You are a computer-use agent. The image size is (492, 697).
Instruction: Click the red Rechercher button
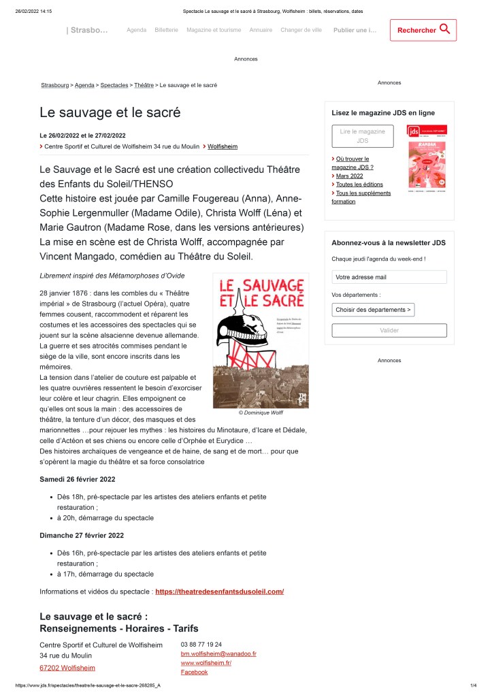pos(423,30)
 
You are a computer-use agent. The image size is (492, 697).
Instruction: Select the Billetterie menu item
pos(166,30)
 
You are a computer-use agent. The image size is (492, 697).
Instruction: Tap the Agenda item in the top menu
pos(136,30)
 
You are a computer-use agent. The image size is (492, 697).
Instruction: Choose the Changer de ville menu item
pos(301,30)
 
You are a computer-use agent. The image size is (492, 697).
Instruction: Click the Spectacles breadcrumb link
pos(114,85)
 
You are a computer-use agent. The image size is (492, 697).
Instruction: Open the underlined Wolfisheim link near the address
pos(223,146)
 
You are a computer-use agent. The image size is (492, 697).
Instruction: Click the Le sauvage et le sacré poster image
pos(261,340)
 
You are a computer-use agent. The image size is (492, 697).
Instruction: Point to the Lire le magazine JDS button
pos(362,136)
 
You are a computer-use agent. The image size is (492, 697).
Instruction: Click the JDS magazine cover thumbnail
pos(427,157)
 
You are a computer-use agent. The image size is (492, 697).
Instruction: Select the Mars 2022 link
pos(349,176)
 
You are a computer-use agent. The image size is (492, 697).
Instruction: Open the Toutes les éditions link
pos(359,184)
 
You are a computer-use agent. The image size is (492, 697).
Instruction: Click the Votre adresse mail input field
pos(389,277)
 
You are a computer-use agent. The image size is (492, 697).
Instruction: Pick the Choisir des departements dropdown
pos(373,310)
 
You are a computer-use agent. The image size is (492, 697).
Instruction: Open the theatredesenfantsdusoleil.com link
pos(219,591)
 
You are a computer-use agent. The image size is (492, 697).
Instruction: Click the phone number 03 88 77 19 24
pos(201,644)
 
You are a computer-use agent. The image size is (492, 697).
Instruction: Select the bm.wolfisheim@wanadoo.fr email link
pos(218,653)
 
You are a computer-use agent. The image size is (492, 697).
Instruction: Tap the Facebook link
pos(193,672)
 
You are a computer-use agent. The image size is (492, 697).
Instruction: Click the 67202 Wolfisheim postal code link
pos(67,668)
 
